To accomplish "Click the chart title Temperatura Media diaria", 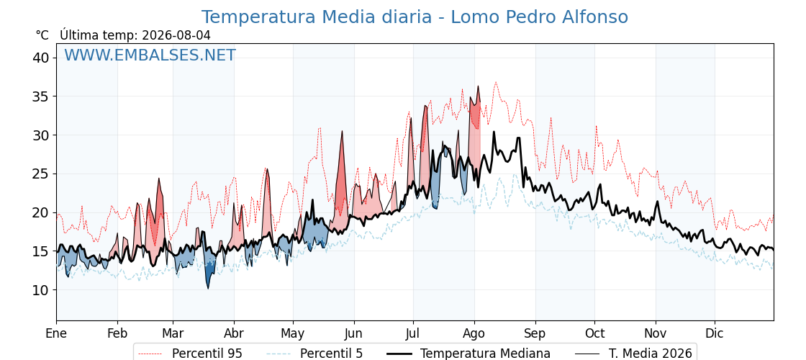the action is click(x=316, y=17).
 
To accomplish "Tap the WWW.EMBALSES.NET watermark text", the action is click(x=150, y=55).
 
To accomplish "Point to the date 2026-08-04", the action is click(x=176, y=35).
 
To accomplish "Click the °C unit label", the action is click(x=42, y=35).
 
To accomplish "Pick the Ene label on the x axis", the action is click(x=56, y=333).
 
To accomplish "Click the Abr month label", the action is click(x=234, y=333).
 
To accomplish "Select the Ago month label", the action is click(x=474, y=333).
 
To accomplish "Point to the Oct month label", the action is click(x=594, y=333).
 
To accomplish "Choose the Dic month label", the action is click(x=715, y=333).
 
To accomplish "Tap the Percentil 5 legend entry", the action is click(x=314, y=354).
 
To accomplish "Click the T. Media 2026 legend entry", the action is click(x=633, y=354).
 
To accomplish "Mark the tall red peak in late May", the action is click(x=341, y=132).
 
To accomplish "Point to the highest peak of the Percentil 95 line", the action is click(x=496, y=82).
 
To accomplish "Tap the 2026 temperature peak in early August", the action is click(x=478, y=86).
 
